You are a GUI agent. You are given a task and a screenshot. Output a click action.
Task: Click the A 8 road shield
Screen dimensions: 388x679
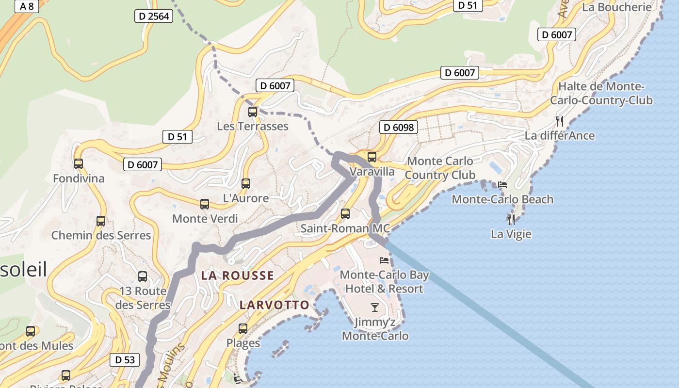(x=27, y=6)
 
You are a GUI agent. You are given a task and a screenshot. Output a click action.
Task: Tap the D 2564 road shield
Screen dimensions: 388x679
(x=154, y=16)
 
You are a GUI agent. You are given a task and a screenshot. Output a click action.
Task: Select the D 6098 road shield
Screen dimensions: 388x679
(x=398, y=127)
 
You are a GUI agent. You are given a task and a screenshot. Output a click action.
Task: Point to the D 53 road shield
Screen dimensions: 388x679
(x=125, y=360)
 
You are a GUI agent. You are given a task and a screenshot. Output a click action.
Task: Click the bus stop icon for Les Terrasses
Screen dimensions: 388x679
(x=253, y=112)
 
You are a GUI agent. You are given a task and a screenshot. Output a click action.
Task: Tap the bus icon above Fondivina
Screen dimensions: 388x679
(x=79, y=164)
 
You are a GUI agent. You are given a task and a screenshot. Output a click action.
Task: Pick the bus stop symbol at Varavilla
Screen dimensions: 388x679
(x=372, y=157)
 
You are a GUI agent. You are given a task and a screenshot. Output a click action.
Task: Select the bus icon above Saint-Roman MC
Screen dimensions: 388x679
(x=345, y=213)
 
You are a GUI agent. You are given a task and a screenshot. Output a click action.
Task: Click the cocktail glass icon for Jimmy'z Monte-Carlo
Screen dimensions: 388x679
(x=375, y=307)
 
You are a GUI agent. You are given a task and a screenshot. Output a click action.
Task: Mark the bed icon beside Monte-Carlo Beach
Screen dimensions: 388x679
(x=502, y=185)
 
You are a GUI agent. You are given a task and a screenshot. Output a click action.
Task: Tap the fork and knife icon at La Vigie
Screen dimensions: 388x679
(x=511, y=220)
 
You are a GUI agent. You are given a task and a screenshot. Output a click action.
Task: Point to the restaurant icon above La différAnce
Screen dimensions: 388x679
(x=560, y=121)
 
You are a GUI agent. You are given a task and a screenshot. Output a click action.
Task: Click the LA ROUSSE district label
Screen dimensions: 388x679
(x=238, y=275)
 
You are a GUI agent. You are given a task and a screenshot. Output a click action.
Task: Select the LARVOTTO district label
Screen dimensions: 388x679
(x=274, y=305)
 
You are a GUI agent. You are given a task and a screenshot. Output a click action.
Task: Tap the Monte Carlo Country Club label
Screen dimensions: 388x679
(x=439, y=168)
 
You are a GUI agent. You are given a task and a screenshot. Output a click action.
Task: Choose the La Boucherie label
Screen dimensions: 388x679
(x=616, y=7)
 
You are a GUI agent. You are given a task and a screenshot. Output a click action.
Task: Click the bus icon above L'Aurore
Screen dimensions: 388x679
(x=246, y=184)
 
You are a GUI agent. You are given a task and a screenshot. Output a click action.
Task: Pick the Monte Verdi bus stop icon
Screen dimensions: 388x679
(x=205, y=204)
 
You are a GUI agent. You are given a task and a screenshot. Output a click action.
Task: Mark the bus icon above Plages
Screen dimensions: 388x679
(x=243, y=329)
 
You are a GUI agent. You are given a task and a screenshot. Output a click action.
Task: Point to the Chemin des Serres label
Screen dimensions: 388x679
(x=101, y=235)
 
